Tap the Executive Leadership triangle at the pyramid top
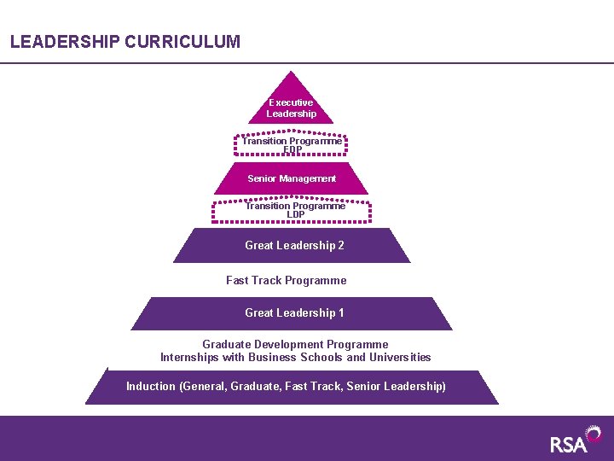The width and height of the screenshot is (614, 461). pyautogui.click(x=291, y=106)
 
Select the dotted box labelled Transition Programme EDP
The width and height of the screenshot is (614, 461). pyautogui.click(x=292, y=145)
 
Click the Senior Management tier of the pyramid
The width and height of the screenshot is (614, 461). pyautogui.click(x=292, y=178)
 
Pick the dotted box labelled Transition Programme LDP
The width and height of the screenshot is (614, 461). pyautogui.click(x=292, y=210)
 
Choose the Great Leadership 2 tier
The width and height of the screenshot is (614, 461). pyautogui.click(x=292, y=245)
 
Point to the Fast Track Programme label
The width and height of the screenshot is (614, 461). pyautogui.click(x=287, y=280)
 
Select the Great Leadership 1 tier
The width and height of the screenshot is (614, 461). pyautogui.click(x=292, y=312)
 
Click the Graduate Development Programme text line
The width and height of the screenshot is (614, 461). pyautogui.click(x=295, y=345)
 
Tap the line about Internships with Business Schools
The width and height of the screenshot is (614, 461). pyautogui.click(x=295, y=357)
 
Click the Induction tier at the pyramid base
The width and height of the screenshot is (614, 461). pyautogui.click(x=290, y=387)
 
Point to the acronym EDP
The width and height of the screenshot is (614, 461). pyautogui.click(x=293, y=150)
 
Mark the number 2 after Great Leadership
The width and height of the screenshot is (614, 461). pyautogui.click(x=341, y=245)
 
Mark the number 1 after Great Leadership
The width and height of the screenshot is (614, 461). pyautogui.click(x=341, y=312)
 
